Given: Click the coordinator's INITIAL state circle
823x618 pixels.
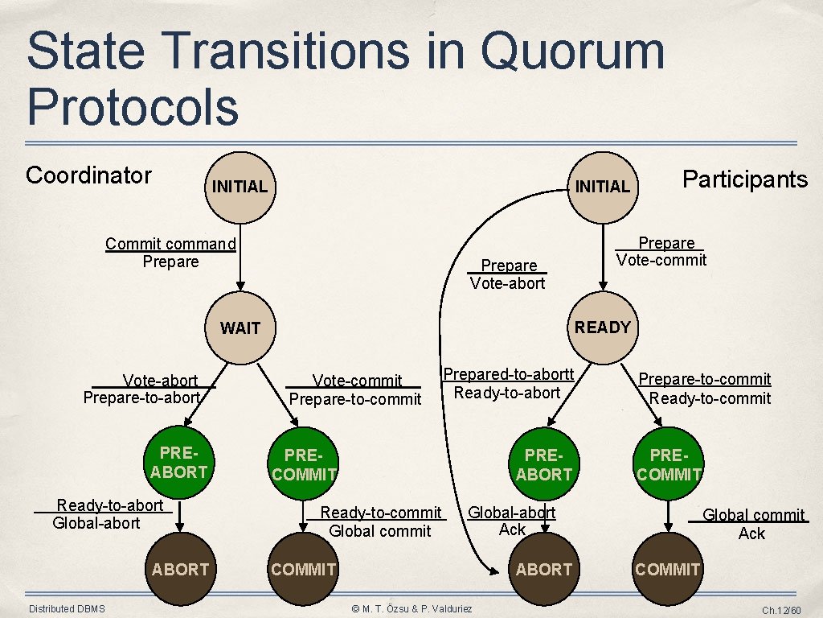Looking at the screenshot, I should click(239, 187).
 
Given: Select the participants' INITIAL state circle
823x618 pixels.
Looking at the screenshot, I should click(603, 187).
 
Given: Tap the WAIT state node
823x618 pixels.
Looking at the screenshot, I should click(240, 328).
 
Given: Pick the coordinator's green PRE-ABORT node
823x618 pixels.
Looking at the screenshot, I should click(179, 464).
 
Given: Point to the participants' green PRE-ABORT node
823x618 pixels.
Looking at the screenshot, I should click(544, 466).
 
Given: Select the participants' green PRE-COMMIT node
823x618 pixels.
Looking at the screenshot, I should click(668, 466).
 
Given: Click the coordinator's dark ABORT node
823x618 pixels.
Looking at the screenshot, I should click(180, 570).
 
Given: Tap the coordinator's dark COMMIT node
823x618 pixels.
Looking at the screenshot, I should click(303, 570).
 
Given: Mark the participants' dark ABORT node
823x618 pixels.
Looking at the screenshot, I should click(544, 570).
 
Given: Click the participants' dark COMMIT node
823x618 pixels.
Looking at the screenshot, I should click(667, 570).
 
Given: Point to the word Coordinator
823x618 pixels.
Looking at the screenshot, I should click(88, 175).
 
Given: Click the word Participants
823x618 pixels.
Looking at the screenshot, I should click(745, 179).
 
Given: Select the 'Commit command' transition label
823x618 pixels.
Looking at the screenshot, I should click(170, 243).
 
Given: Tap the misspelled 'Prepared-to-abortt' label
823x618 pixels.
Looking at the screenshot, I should click(509, 374).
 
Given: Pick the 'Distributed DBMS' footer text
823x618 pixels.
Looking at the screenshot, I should click(67, 609).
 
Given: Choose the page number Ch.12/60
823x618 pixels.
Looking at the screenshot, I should click(781, 611).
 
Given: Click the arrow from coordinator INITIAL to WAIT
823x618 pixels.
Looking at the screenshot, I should click(240, 257).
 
